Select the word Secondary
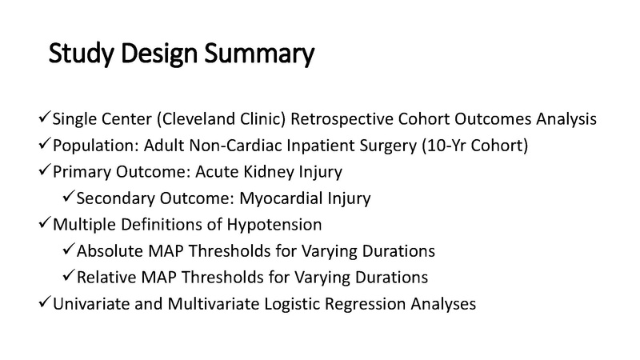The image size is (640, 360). pos(113,197)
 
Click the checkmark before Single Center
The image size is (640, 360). pos(44,119)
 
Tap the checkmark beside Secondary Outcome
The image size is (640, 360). pos(69,196)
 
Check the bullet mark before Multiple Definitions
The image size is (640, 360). pos(44,223)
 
